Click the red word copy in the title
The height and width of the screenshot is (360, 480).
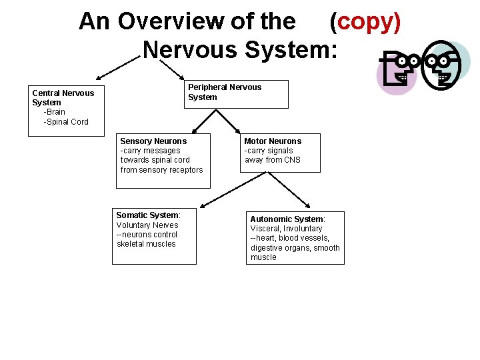pos(365,22)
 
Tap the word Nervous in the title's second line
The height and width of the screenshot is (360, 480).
pos(188,49)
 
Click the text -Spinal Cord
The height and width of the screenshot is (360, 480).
pos(66,122)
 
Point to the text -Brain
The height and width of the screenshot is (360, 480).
pos(54,112)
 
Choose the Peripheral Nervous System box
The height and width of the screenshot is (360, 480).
pos(236,93)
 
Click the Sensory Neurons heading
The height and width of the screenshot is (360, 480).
pos(153,141)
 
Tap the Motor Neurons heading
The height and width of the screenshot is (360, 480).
pos(273,141)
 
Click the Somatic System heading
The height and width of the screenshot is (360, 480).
pos(148,215)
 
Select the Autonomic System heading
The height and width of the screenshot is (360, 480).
pos(287,219)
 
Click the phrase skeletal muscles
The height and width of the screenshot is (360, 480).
pos(146,244)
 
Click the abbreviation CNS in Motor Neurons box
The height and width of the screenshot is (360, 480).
pos(291,160)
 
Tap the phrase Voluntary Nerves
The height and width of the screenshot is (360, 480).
pos(147,225)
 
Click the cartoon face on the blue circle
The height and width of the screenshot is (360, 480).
pos(445,67)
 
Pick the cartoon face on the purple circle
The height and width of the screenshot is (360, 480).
pos(401,73)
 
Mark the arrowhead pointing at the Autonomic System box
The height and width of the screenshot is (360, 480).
pos(308,207)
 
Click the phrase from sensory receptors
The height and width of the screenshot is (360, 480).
pos(161,170)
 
